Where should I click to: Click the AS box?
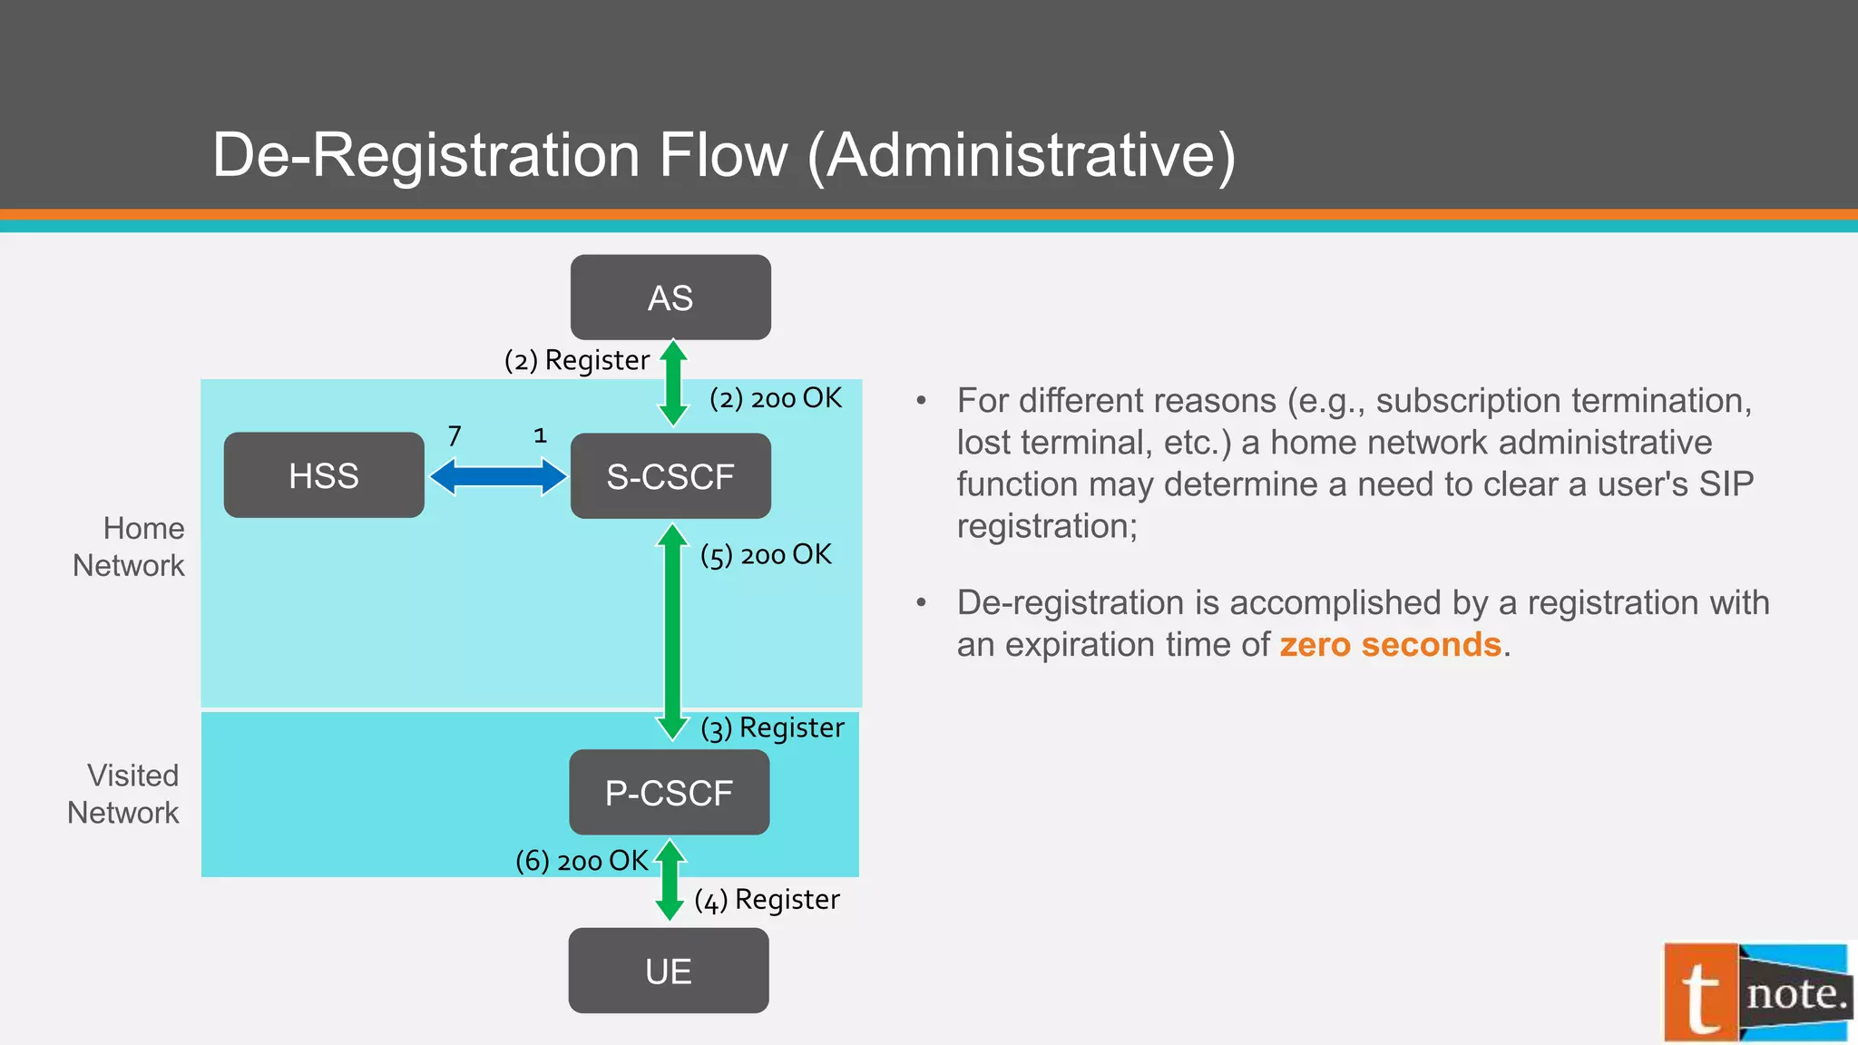click(670, 298)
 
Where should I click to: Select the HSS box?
click(324, 475)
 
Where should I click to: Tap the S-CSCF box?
click(670, 476)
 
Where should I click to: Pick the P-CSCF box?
click(669, 793)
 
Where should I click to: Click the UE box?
click(669, 971)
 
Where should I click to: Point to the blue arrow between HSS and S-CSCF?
click(497, 476)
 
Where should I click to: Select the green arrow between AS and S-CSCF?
click(672, 384)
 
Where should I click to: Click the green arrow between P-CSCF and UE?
click(670, 880)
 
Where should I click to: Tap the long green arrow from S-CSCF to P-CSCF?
click(672, 632)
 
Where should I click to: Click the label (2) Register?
click(577, 360)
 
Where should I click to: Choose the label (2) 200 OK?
click(776, 398)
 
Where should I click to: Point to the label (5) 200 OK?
click(766, 554)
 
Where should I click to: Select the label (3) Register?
click(772, 728)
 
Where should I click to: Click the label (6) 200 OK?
click(582, 860)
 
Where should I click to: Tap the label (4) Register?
click(767, 900)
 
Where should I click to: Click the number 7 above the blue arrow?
click(455, 436)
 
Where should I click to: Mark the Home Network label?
click(130, 546)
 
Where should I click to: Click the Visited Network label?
click(124, 794)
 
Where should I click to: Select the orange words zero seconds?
click(1390, 644)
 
